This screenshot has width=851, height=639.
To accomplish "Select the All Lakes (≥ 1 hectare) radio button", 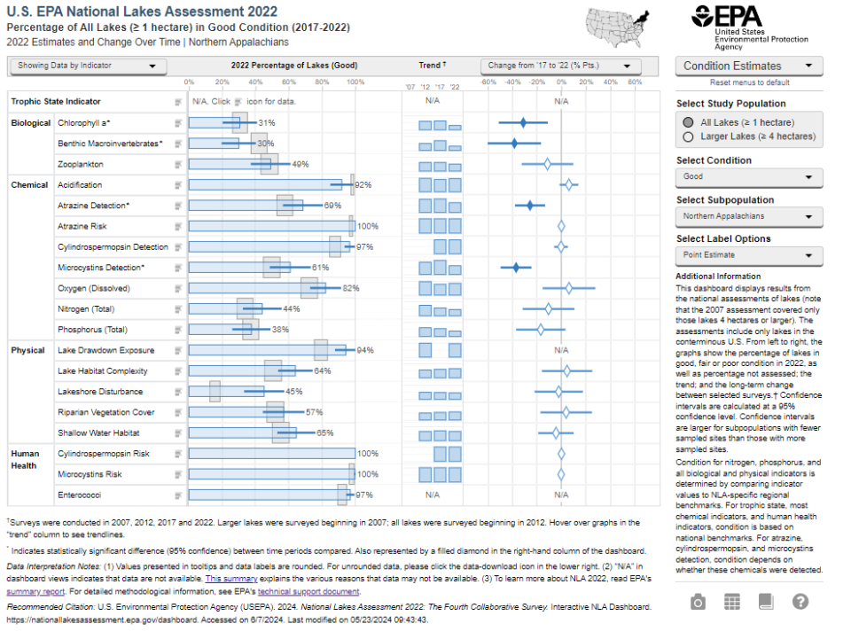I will pos(689,122).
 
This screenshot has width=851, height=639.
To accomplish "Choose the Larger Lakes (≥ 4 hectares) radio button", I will pos(689,136).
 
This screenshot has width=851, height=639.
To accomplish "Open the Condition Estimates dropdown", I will pos(749,66).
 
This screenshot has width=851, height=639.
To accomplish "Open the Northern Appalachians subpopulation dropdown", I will pos(749,216).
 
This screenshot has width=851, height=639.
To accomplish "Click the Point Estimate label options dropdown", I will pos(749,255).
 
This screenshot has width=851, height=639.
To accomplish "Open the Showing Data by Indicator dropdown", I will pos(88,66).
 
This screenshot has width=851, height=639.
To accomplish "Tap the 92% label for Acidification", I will pos(363,185).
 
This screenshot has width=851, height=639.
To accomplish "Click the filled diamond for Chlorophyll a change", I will pos(523,123).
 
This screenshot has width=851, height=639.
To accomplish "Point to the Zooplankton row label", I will pos(81,165).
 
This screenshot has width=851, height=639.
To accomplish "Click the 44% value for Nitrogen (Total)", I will pos(292,308).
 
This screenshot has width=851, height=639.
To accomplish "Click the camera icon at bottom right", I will pos(699,602).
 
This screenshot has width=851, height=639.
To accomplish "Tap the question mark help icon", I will pos(800,602).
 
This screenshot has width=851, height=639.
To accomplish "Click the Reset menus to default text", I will pos(749,82).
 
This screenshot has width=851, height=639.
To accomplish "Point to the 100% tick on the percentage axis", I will pos(355,82).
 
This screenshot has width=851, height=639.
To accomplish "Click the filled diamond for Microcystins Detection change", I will pos(516,267).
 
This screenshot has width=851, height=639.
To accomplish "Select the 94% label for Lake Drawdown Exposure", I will pos(365,350).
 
